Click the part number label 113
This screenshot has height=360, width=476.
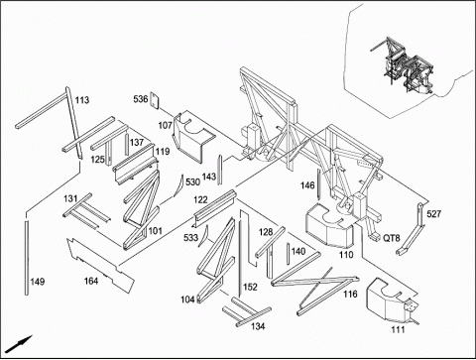(82, 100)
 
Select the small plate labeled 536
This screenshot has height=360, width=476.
(155, 100)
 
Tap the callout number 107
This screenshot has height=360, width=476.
(165, 125)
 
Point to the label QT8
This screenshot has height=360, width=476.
(392, 238)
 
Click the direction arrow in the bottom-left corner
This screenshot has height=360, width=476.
(19, 344)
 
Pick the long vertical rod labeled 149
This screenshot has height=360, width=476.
(27, 258)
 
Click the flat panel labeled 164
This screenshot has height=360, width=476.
(101, 265)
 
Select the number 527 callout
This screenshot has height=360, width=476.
(433, 214)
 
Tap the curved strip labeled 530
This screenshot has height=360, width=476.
(178, 186)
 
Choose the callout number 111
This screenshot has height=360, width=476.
(398, 329)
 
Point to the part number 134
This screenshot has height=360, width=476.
(258, 326)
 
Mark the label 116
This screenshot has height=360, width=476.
(350, 294)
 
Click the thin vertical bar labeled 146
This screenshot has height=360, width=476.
(318, 184)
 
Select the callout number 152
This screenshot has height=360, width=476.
(250, 287)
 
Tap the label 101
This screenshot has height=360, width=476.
(156, 231)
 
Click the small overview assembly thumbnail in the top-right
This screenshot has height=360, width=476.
(403, 66)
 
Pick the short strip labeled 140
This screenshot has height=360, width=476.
(289, 254)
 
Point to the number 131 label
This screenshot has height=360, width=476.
(70, 198)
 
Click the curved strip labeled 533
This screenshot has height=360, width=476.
(203, 236)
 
